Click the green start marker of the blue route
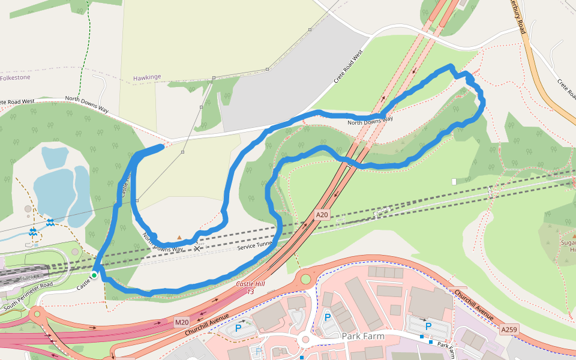(94, 275)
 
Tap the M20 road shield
(182, 323)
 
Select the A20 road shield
(323, 214)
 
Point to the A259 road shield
(508, 329)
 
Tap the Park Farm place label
(362, 336)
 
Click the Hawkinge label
(147, 78)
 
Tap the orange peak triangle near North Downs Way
(179, 238)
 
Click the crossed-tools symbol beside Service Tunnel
(197, 248)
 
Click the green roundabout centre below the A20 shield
(306, 279)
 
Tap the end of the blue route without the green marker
(162, 146)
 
